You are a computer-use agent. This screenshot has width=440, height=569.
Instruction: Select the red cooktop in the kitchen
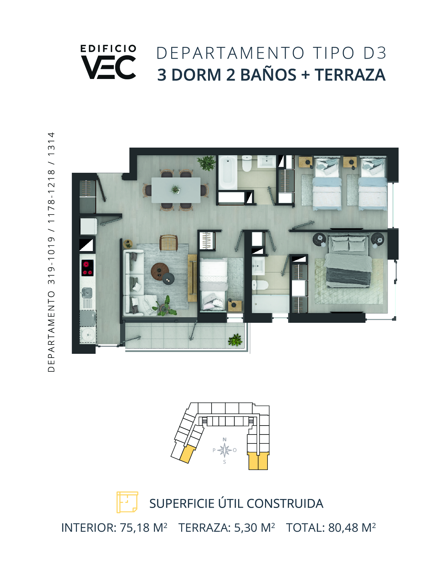88,268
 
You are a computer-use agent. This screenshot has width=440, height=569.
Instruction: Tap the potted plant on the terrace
235,340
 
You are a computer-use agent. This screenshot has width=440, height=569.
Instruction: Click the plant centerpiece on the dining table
175,189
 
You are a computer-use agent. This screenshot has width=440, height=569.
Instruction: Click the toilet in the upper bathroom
247,163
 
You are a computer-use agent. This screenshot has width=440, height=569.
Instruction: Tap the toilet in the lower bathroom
260,284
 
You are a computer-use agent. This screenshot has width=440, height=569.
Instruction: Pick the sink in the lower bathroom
258,266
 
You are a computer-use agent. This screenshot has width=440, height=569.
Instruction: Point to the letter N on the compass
224,440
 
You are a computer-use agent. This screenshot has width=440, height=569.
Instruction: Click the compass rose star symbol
225,450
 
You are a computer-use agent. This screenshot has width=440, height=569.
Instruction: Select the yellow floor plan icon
127,502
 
